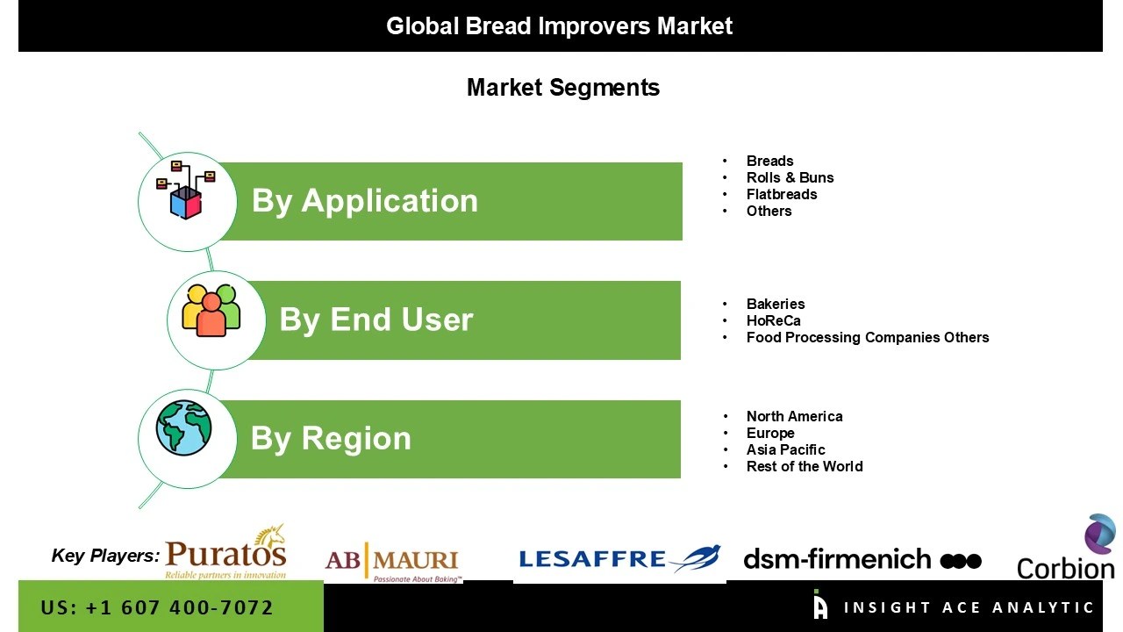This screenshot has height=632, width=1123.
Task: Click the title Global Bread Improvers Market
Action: click(560, 25)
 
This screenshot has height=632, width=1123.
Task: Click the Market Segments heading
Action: click(562, 88)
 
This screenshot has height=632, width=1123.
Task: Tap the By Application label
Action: click(365, 201)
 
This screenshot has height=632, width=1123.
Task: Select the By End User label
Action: click(376, 320)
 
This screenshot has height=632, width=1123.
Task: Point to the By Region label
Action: click(331, 438)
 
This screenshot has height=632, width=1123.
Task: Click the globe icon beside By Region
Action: click(184, 428)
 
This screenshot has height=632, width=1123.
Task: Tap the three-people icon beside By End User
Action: click(211, 310)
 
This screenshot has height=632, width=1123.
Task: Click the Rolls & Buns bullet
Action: click(790, 177)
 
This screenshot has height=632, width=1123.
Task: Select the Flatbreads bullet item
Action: click(781, 194)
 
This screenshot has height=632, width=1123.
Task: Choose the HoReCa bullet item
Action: click(773, 320)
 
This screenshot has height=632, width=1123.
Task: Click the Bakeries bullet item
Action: click(776, 304)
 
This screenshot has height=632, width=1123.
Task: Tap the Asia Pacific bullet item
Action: click(785, 449)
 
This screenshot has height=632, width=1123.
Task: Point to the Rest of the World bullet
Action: click(805, 466)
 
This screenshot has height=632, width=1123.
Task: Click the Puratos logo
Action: click(225, 554)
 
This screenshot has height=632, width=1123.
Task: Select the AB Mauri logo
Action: click(392, 562)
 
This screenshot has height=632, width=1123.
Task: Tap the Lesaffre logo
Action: click(619, 558)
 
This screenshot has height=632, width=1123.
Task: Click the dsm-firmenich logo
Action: click(862, 559)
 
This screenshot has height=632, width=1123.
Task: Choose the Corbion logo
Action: click(1067, 551)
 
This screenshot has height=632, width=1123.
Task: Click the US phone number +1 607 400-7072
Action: click(157, 607)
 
